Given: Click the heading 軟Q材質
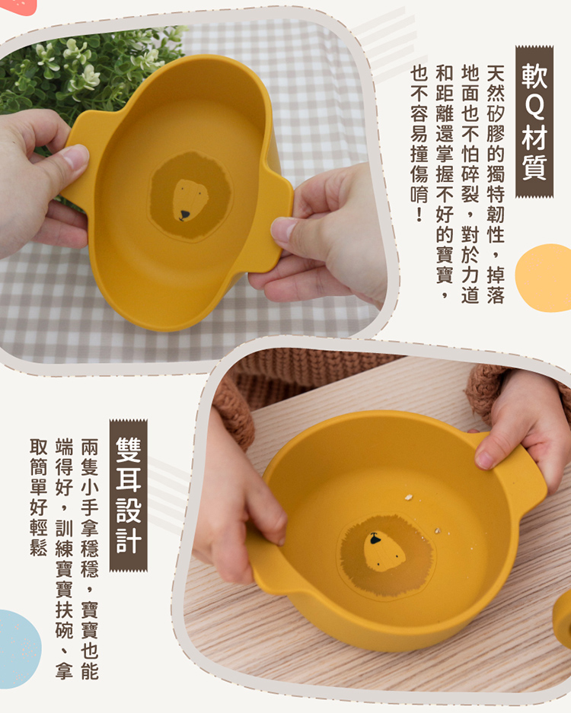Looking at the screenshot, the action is pyautogui.click(x=534, y=122).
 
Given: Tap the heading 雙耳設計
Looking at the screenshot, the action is pyautogui.click(x=129, y=495).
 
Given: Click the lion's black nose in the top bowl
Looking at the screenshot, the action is pyautogui.click(x=183, y=215).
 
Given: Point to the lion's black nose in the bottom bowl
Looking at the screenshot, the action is pyautogui.click(x=375, y=540).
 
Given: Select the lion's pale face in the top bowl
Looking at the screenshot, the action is pyautogui.click(x=190, y=199).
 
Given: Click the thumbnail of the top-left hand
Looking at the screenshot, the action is pyautogui.click(x=75, y=156).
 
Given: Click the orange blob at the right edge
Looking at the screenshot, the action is pyautogui.click(x=544, y=278).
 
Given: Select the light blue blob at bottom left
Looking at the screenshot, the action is pyautogui.click(x=18, y=649).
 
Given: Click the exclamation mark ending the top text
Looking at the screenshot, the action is pyautogui.click(x=419, y=214).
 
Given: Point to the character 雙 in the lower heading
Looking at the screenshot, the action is pyautogui.click(x=129, y=450).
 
